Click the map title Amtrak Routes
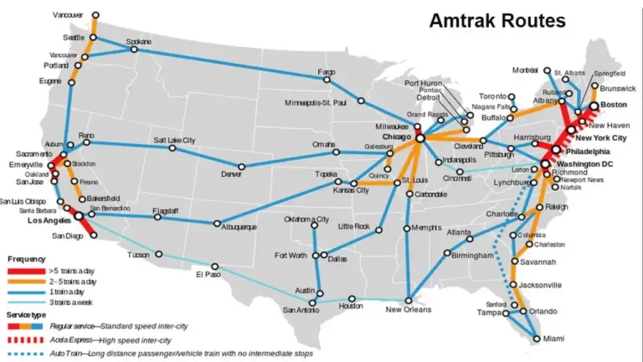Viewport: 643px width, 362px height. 497,20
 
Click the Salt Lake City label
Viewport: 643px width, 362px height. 174,140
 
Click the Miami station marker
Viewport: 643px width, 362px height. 536,339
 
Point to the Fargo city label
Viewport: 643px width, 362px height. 327,72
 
